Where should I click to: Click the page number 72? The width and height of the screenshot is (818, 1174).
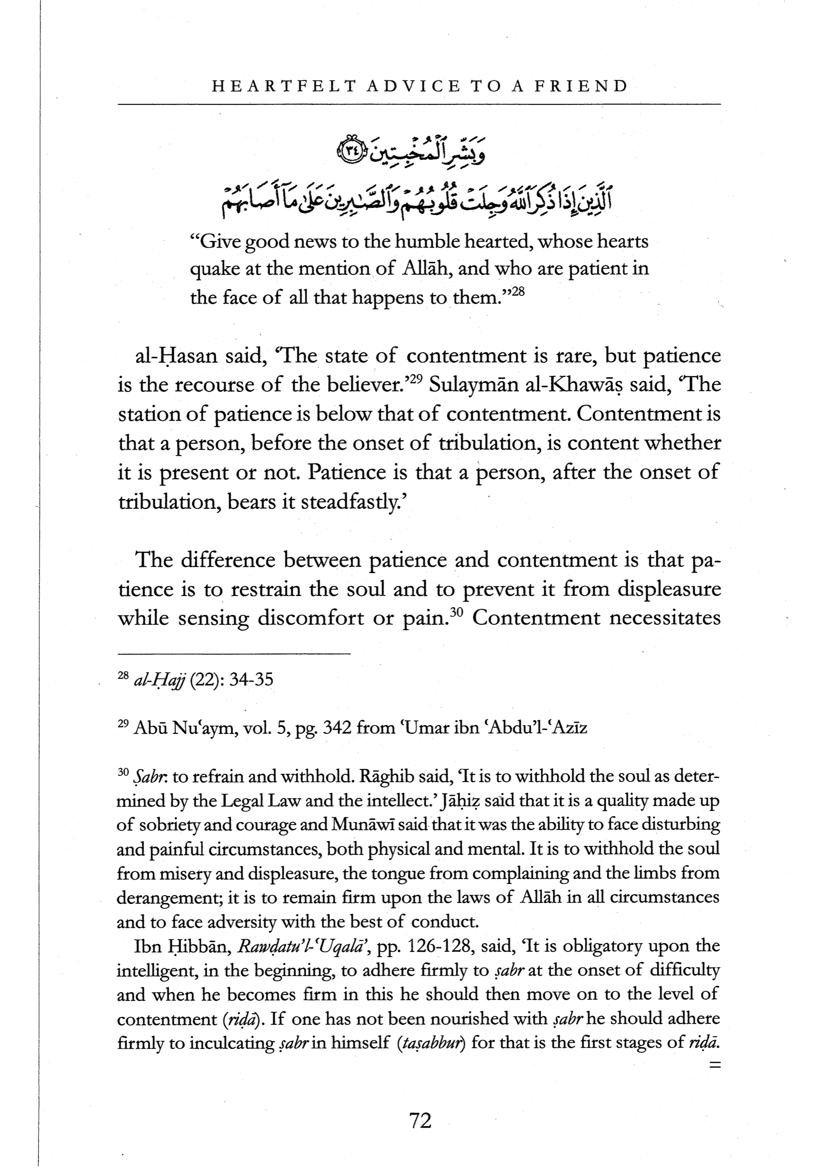pos(421,1121)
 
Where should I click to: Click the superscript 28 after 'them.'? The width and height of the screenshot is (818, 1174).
pos(518,292)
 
